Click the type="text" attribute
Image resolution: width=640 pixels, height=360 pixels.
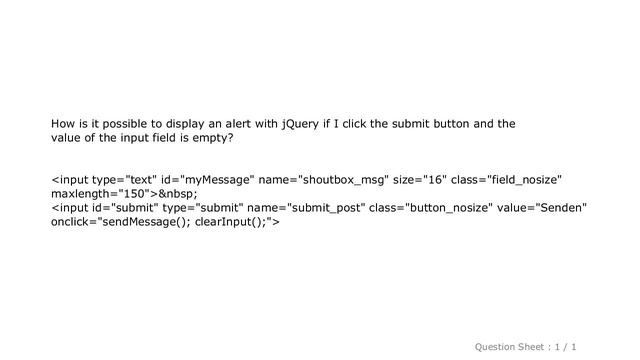tap(119, 180)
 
